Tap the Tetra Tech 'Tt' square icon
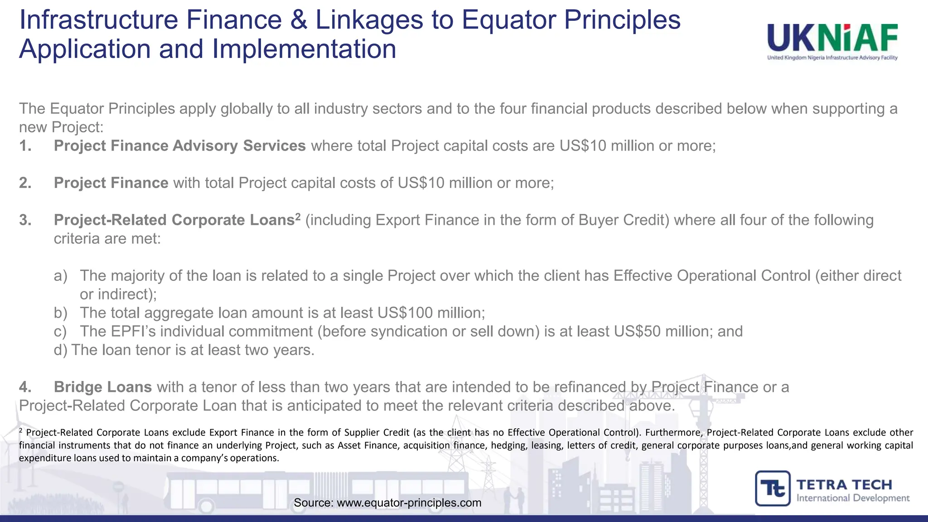click(773, 488)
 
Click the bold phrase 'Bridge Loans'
click(102, 387)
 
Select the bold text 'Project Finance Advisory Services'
click(179, 146)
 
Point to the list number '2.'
click(25, 183)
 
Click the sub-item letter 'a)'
click(61, 276)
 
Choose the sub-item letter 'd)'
click(60, 350)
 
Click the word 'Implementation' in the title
click(304, 49)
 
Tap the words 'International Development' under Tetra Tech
click(853, 498)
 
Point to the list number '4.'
click(25, 387)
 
